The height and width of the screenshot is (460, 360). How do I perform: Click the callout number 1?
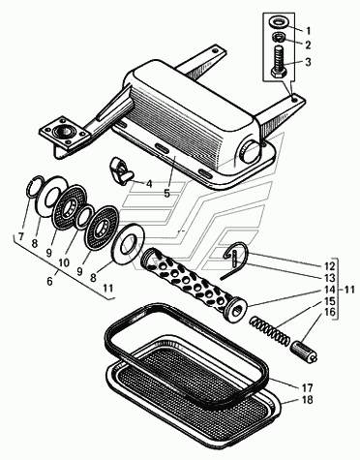pos(308,31)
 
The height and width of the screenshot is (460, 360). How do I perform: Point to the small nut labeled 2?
pos(278,37)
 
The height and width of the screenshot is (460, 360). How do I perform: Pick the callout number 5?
pos(166,193)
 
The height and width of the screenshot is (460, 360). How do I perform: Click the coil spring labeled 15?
pos(270,331)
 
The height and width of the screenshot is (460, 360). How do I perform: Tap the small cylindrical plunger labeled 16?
pos(304,353)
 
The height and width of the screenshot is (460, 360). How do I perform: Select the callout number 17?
pos(307,387)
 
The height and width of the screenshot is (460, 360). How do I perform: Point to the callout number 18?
pos(308,400)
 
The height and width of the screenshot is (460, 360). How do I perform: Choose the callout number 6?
pos(49,282)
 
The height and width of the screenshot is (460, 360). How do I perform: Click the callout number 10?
pos(64,262)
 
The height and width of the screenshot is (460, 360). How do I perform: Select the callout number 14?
pos(329,290)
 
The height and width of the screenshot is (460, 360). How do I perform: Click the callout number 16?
pos(329,313)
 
